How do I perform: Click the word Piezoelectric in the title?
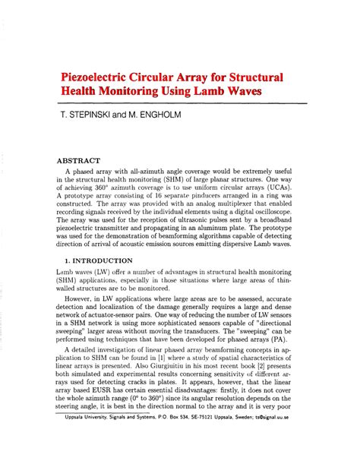click(x=103, y=77)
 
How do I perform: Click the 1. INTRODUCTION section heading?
click(x=99, y=260)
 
